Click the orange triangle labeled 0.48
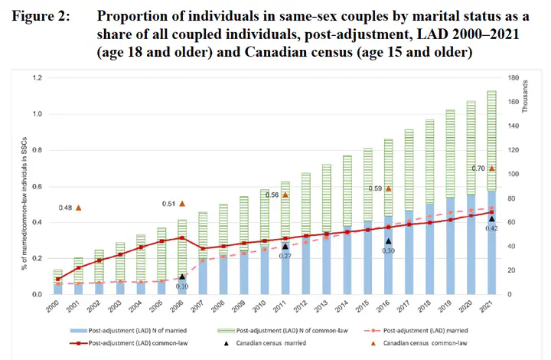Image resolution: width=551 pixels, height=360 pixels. (78, 208)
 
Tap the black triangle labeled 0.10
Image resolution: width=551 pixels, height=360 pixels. (182, 277)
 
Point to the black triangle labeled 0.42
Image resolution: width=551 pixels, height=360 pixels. (492, 218)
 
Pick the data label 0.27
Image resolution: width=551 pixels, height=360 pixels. (285, 256)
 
